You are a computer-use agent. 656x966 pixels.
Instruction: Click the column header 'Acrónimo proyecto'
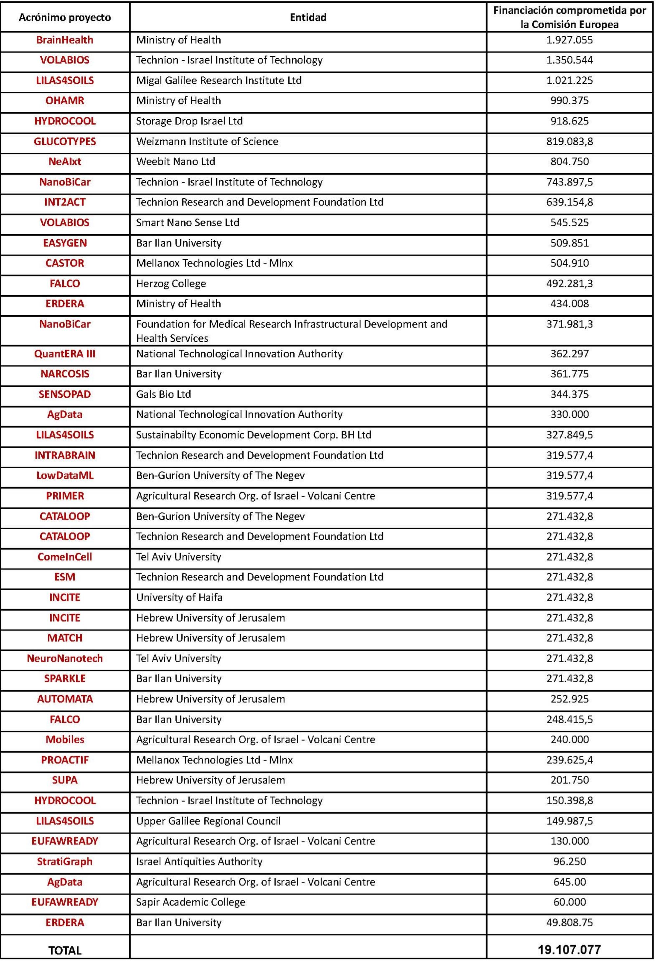65,17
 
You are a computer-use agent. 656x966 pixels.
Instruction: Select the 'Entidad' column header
308,17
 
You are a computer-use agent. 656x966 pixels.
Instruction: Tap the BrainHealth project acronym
65,40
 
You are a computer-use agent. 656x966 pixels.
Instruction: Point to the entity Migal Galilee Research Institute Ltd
219,80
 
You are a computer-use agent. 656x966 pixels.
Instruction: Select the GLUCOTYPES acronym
65,141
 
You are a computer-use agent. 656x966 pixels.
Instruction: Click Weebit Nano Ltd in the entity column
176,161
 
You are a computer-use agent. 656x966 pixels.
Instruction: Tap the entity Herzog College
171,283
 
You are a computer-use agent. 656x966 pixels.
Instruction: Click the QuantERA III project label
65,354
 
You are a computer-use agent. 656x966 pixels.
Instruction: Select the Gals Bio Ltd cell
164,394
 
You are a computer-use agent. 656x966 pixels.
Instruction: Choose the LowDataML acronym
65,475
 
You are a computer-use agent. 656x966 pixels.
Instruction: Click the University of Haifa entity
179,597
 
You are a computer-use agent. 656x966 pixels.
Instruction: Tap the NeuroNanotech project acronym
65,659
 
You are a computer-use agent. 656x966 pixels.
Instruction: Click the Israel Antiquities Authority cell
199,862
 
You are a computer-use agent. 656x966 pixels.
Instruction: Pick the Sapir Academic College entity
191,902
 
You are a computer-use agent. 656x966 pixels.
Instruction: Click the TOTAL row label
65,950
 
